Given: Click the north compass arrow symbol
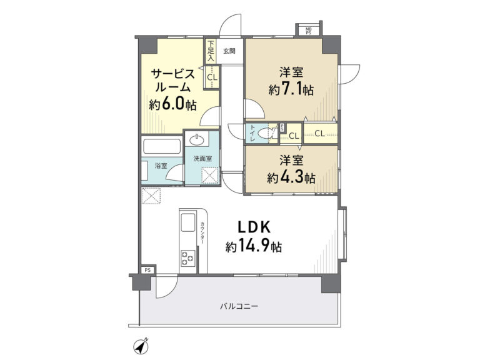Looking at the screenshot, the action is tap(141, 346).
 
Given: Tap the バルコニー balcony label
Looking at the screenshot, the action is tap(239, 306).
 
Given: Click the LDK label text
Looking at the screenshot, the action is tap(254, 227).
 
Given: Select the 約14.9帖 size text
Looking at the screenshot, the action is tap(254, 246).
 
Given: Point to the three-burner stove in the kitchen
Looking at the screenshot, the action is tap(187, 258).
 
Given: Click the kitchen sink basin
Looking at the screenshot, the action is tap(187, 222).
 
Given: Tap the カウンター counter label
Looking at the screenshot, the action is tap(202, 233).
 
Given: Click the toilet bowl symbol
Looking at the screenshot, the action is tap(266, 133).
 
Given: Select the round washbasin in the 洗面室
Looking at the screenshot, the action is tap(196, 140).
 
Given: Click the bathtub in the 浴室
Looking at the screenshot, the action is tap(161, 147).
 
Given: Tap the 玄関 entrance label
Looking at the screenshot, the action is tap(229, 51).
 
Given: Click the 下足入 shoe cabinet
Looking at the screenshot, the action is tap(210, 51).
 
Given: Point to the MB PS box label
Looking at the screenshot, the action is tap(308, 31).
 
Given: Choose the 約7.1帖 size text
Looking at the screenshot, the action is tap(291, 89).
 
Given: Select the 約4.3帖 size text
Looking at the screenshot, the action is tap(291, 177).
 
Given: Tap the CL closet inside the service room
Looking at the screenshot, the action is tap(212, 77).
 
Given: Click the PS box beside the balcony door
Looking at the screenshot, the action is tap(148, 270).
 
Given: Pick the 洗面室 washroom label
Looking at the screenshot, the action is tap(202, 159).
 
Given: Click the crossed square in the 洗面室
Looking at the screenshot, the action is tap(210, 176).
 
